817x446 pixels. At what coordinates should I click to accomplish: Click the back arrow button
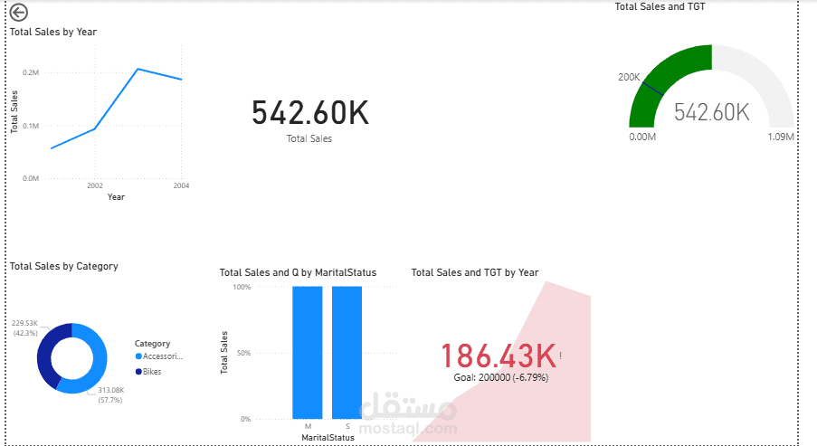pos(19,12)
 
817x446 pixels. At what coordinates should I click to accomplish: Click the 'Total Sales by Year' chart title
pos(53,32)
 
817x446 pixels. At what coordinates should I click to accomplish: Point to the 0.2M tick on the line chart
pos(31,72)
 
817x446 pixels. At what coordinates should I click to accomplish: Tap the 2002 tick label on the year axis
pos(95,185)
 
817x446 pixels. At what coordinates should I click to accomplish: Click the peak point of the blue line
pos(138,69)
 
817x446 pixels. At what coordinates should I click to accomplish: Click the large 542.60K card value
pos(309,113)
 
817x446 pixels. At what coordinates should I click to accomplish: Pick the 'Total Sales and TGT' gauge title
pos(660,6)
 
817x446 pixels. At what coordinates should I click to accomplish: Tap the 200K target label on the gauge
pos(629,77)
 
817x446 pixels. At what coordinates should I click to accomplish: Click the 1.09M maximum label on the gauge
pos(780,137)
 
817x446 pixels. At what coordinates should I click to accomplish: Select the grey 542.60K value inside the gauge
pos(712,112)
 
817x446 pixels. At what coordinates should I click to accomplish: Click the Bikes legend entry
pos(151,372)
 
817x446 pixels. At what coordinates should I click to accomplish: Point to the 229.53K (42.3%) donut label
pos(24,327)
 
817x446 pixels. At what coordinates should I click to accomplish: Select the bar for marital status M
pos(307,352)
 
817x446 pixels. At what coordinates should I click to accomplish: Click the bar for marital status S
pos(347,352)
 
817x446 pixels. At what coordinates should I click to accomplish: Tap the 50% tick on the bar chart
pos(242,353)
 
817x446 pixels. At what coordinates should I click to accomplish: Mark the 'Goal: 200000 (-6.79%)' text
pos(500,376)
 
